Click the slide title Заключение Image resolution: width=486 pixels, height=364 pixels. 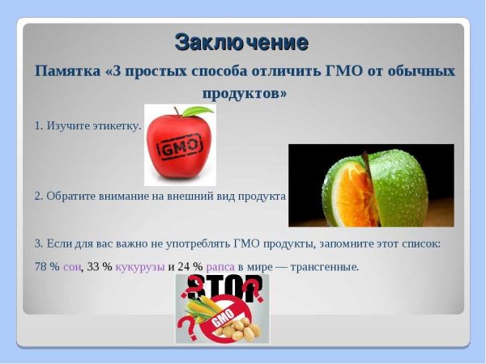(x=241, y=41)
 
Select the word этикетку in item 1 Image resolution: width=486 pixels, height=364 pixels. (x=117, y=126)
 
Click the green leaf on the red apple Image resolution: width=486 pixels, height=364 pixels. (x=197, y=111)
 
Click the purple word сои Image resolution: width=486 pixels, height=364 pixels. (x=72, y=266)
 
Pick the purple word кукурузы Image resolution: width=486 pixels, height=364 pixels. (x=140, y=266)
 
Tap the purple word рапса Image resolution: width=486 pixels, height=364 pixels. (x=220, y=266)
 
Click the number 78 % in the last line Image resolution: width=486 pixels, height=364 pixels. (x=47, y=266)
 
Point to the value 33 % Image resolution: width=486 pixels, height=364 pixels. (x=99, y=266)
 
